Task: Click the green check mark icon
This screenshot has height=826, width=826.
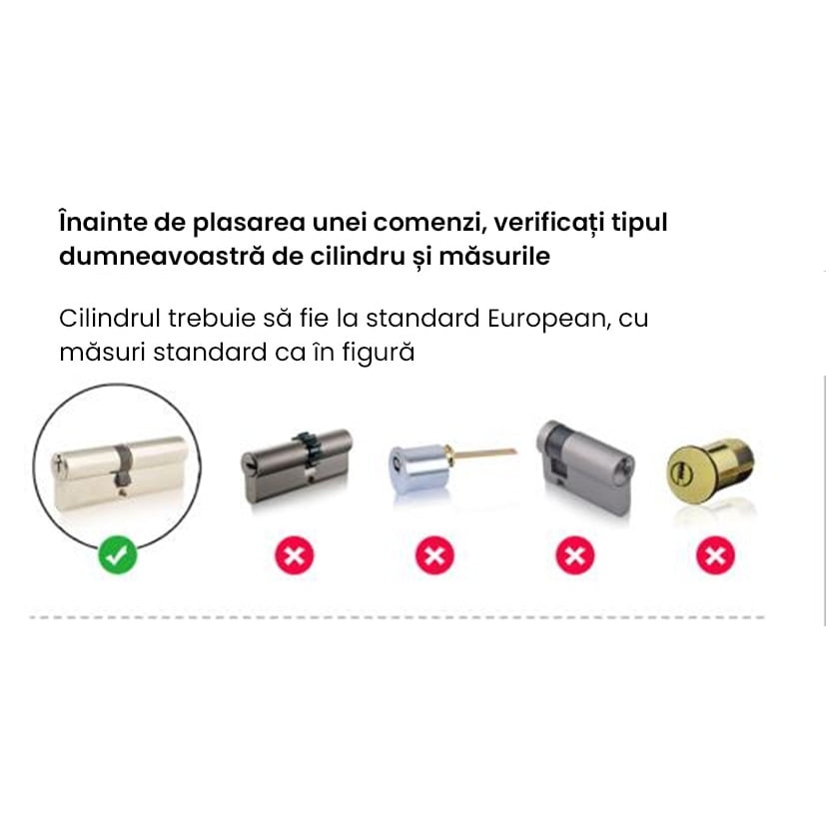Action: [118, 554]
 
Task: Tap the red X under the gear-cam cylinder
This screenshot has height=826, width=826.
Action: [295, 554]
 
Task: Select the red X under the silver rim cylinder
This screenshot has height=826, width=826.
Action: [434, 554]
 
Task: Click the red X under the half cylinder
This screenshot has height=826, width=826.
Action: [575, 554]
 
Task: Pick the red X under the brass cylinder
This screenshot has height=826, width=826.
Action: [714, 554]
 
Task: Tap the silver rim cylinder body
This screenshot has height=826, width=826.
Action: [417, 464]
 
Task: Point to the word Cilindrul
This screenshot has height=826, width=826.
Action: [107, 319]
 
